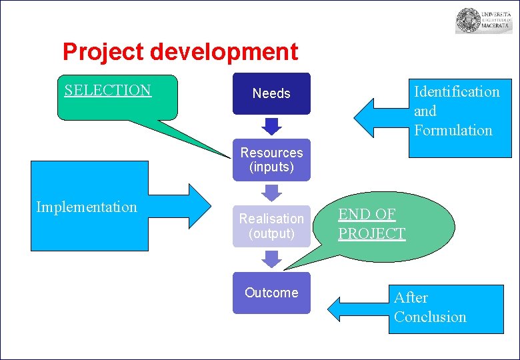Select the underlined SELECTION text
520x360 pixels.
108,91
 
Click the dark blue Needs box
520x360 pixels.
271,93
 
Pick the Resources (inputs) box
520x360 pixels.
271,160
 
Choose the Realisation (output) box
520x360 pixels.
271,226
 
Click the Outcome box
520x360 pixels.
271,293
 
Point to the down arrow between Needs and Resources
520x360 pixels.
271,126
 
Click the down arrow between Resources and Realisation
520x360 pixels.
271,193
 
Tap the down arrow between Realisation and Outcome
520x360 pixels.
271,259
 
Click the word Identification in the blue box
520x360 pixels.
457,92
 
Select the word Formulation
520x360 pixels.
453,131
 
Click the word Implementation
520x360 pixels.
87,207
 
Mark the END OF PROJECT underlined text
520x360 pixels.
371,224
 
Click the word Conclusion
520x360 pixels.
430,317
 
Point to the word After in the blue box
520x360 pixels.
411,298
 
